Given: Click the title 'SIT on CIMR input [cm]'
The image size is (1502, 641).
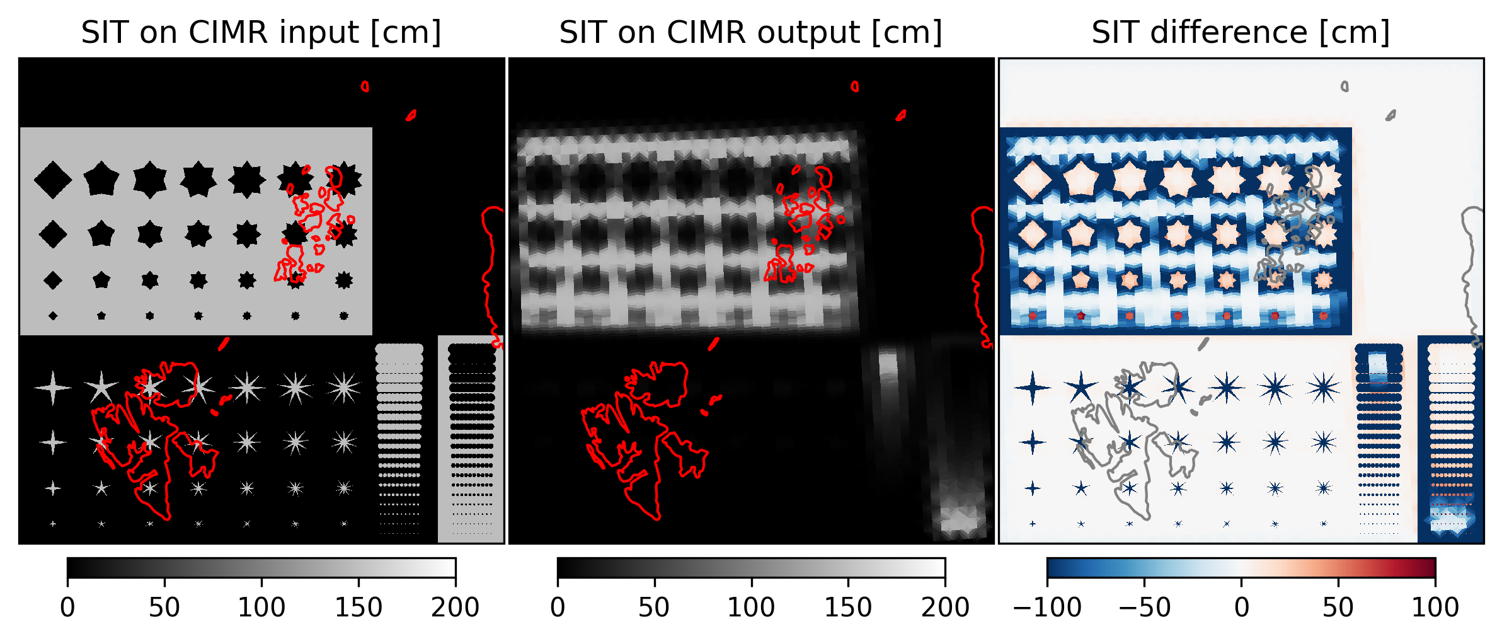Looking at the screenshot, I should click(261, 32).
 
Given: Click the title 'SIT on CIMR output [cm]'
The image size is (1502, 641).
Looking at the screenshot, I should click(750, 32).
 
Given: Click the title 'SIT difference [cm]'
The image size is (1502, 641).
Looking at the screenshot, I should click(1241, 32).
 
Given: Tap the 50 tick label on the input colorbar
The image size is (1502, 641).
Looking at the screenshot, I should click(164, 608).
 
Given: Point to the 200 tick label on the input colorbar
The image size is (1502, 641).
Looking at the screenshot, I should click(455, 608).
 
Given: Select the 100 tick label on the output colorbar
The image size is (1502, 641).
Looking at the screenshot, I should click(751, 608).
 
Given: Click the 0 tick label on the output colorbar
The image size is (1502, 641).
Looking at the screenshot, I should click(558, 608).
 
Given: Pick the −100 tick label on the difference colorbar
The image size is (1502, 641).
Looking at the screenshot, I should click(1046, 608).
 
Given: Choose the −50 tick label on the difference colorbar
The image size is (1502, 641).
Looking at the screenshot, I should click(1144, 608).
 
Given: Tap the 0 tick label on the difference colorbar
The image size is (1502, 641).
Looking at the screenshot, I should click(1241, 608).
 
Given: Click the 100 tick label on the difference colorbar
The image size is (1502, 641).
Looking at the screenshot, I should click(1435, 608).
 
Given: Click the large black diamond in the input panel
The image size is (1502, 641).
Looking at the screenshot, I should click(53, 180).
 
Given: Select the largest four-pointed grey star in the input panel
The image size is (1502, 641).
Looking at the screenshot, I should click(53, 387).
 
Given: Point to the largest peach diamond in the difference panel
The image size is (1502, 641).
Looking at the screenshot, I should click(1033, 180).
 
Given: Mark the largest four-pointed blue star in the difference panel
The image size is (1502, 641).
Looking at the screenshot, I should click(1033, 387).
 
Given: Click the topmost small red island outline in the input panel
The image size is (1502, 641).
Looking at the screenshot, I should click(365, 86).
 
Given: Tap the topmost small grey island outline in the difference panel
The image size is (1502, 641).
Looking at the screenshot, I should click(1344, 86).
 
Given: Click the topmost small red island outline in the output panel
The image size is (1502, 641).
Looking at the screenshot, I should click(854, 86).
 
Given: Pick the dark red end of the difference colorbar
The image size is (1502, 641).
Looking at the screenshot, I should click(1430, 567).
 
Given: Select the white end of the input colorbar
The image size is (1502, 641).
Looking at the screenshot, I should click(450, 567).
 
